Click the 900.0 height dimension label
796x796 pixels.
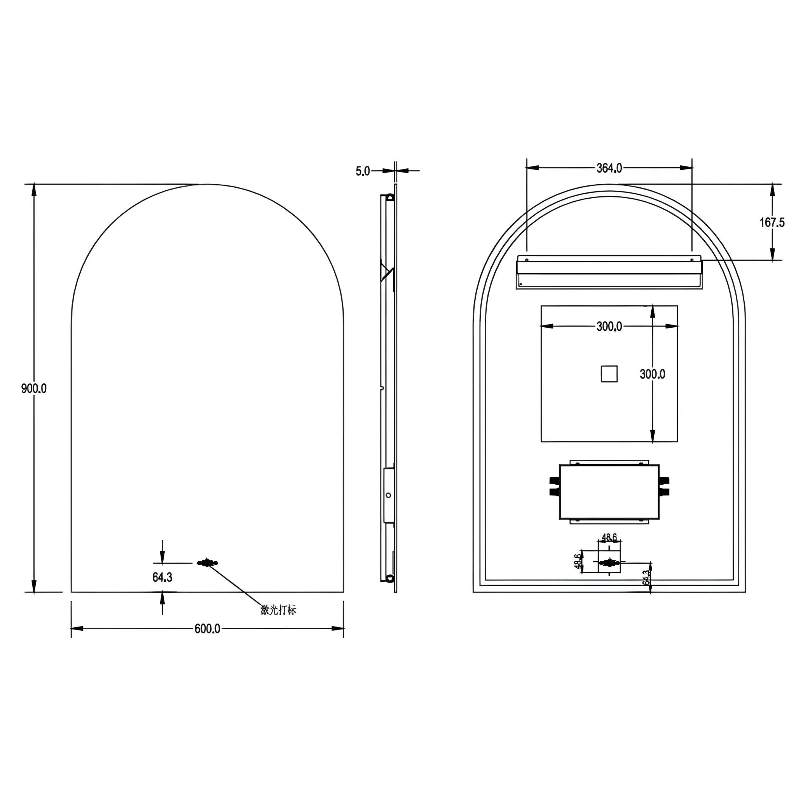(x=34, y=389)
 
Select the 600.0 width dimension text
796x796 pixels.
(x=207, y=629)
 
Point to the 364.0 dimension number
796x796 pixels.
(x=609, y=168)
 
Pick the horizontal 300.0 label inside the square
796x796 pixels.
(x=609, y=327)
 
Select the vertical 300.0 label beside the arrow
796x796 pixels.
(x=652, y=374)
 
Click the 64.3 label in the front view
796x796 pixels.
(x=162, y=578)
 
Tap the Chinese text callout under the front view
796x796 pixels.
(x=279, y=610)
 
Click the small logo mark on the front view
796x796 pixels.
(x=207, y=563)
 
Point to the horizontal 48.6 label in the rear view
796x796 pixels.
(x=609, y=537)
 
